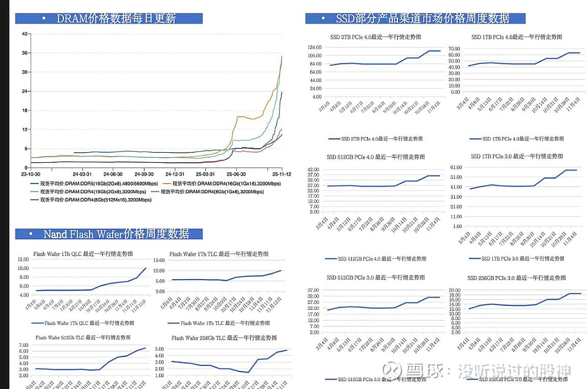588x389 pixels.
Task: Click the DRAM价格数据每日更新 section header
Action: [x=116, y=19]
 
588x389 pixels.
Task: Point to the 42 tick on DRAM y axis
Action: [x=24, y=34]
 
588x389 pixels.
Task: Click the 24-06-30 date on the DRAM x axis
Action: [x=114, y=175]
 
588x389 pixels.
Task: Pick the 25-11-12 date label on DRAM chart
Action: [x=281, y=175]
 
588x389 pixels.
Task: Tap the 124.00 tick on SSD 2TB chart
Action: [x=314, y=48]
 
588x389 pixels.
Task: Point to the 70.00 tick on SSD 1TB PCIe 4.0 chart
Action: [x=454, y=49]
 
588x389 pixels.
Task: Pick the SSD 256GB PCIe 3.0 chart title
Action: [x=517, y=278]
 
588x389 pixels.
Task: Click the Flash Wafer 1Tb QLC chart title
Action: [x=83, y=254]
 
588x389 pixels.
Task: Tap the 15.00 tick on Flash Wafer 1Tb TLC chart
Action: [x=159, y=260]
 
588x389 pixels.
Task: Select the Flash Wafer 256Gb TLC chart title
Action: [x=224, y=338]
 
